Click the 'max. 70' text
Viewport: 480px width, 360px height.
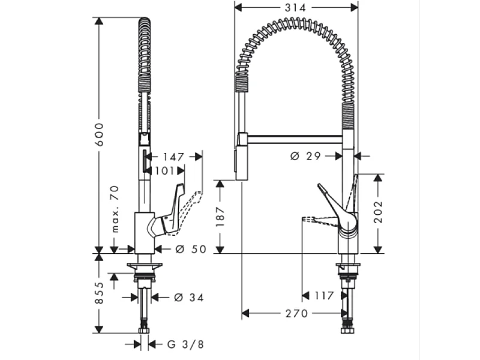[114, 209]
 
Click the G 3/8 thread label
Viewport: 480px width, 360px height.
[185, 344]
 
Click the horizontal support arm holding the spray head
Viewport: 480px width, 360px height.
[294, 139]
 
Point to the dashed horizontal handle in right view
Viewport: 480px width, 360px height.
[318, 220]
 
